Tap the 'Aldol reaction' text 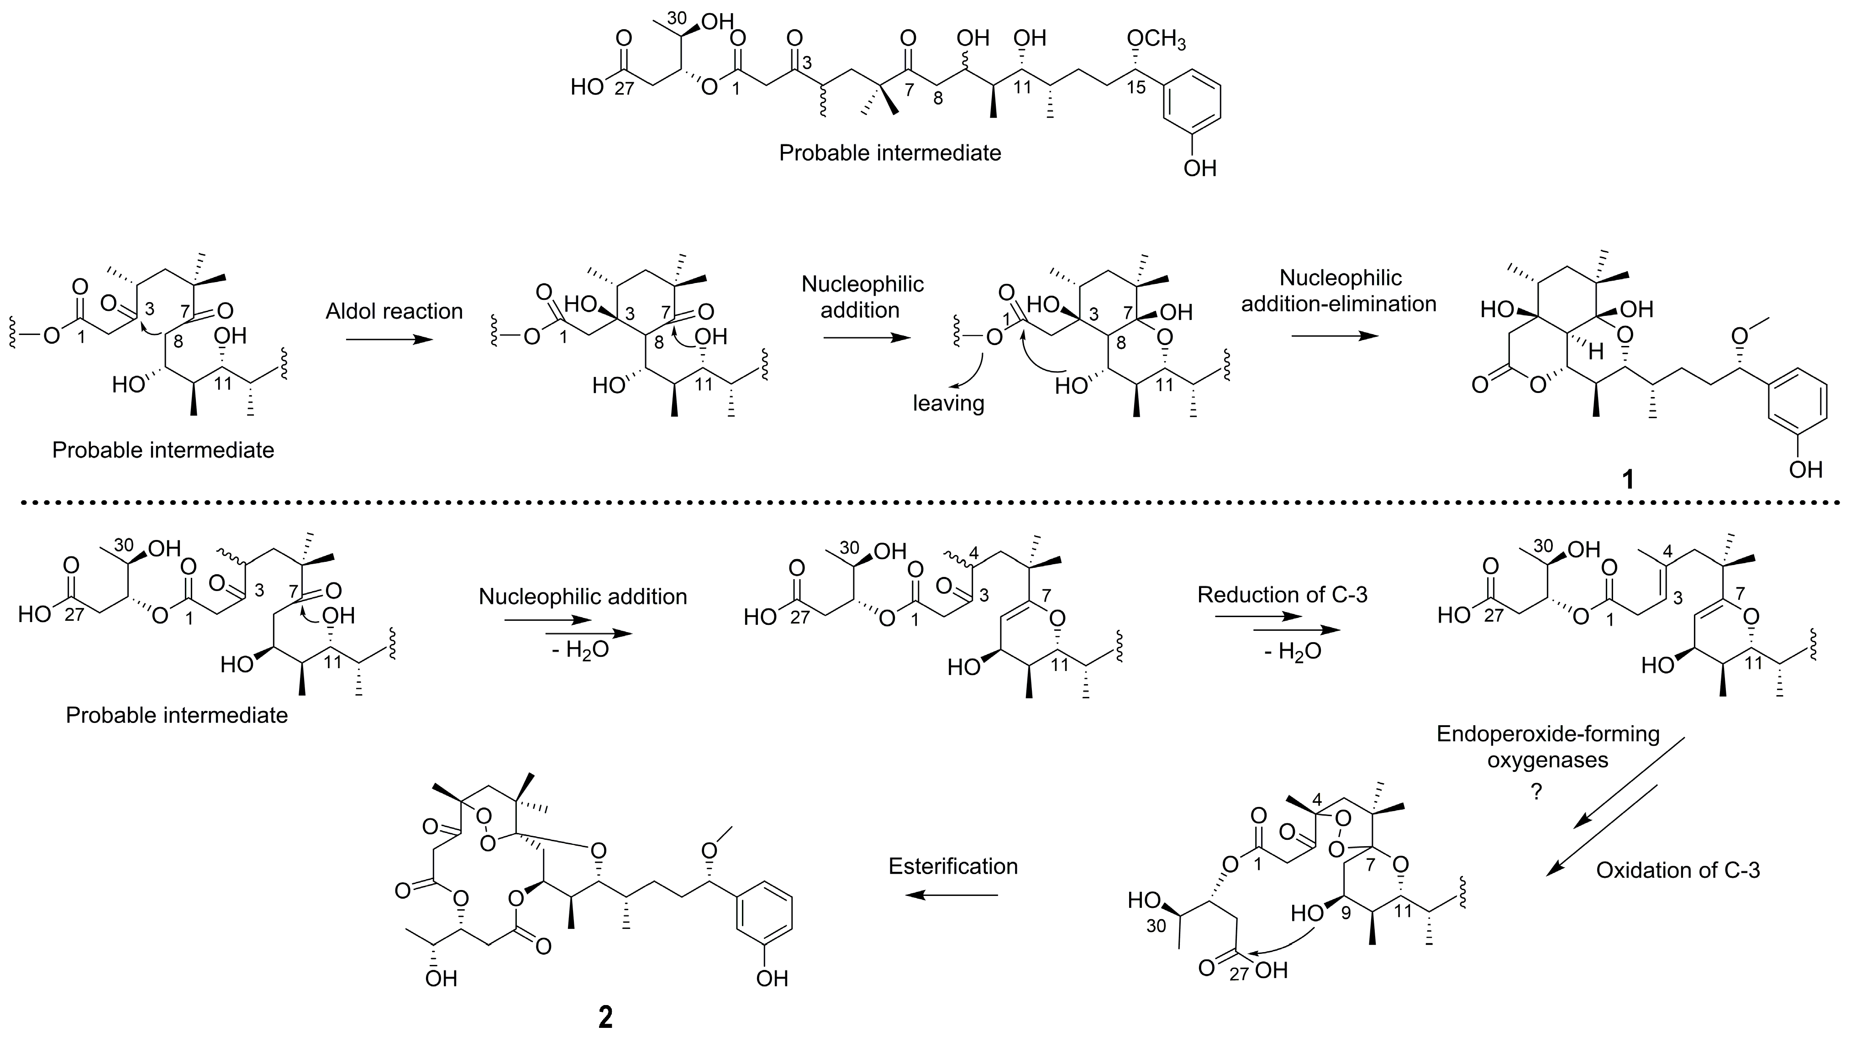tap(394, 311)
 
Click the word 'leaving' tap(948, 403)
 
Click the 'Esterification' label tap(953, 866)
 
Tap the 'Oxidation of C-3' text tap(1678, 870)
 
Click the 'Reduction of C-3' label tap(1283, 595)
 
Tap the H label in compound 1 tap(1590, 352)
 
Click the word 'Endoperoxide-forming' tap(1548, 734)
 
